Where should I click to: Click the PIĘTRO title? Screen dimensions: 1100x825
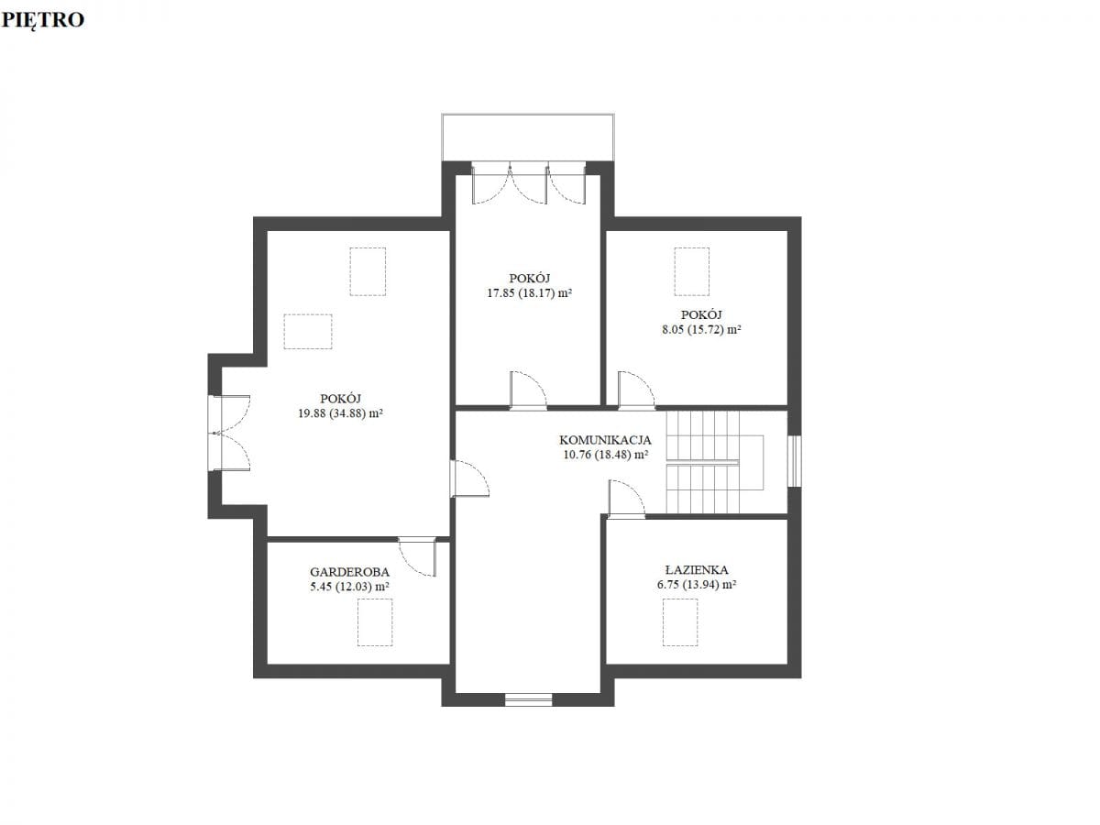coord(43,20)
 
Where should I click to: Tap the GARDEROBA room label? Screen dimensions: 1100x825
coord(349,572)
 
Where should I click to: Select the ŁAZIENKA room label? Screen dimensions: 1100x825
coord(697,569)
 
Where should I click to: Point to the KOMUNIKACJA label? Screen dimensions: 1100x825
coord(605,440)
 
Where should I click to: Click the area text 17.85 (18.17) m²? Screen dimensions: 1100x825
coord(530,293)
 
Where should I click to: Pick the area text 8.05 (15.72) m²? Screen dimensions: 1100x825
coord(701,330)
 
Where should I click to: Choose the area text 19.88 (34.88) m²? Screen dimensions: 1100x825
coord(341,413)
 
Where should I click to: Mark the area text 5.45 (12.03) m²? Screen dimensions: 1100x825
coord(350,587)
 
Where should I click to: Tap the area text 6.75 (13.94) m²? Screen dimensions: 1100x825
coord(697,585)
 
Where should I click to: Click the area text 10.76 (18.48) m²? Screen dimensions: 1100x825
coord(605,455)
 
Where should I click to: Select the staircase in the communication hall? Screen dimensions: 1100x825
coord(715,462)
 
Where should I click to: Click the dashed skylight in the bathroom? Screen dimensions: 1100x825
coord(680,622)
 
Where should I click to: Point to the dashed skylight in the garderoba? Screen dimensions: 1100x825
coord(375,622)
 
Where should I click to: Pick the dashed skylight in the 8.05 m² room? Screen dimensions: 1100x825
coord(691,271)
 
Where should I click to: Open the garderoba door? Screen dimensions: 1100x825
coord(417,557)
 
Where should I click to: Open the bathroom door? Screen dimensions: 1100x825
coord(626,498)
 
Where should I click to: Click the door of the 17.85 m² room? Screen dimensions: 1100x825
coord(528,390)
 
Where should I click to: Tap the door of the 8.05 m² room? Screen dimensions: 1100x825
coord(636,390)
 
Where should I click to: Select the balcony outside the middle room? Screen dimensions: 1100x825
coord(528,137)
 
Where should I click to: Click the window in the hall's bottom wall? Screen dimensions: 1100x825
coord(528,699)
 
